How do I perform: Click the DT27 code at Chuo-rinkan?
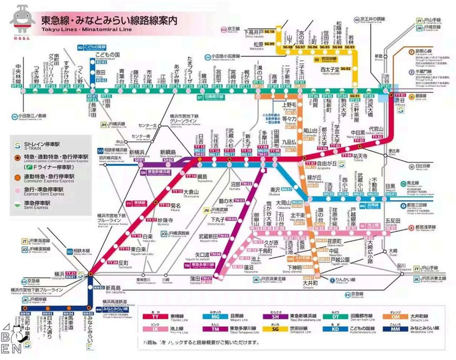click(17, 86)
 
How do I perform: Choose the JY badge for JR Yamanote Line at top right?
click(418, 21)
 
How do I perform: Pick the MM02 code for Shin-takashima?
click(99, 288)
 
